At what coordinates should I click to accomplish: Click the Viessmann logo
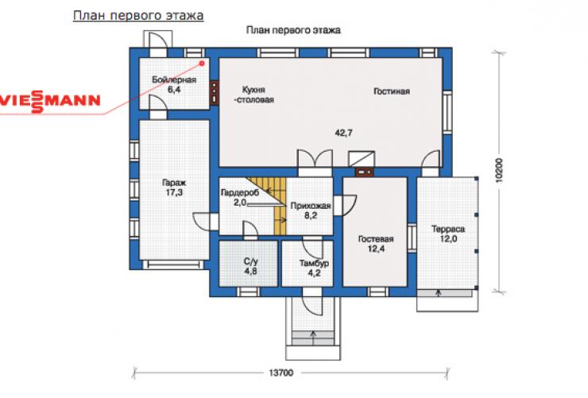50,101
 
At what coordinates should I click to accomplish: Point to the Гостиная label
392,91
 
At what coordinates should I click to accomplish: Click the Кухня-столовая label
254,95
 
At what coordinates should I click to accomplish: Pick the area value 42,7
343,133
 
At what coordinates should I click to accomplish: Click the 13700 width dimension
280,373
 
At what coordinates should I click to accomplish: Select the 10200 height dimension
499,171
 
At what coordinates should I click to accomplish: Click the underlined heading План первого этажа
138,16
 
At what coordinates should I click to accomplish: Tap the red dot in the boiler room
202,63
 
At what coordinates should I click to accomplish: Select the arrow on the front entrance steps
313,338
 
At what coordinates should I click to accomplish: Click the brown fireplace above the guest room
364,172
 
